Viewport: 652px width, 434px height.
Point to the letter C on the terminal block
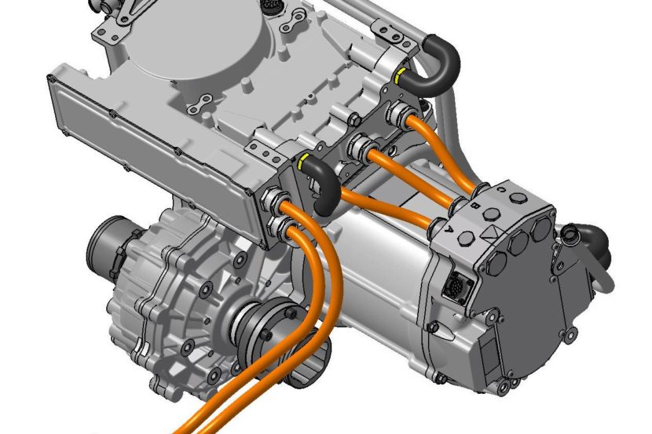pyautogui.click(x=500, y=189)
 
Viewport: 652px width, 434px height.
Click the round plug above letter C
pyautogui.click(x=516, y=195)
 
